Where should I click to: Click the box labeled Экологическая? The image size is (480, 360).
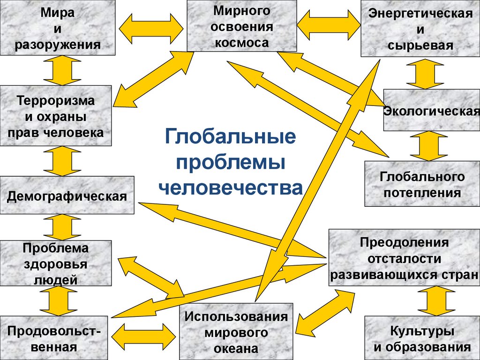point(431,112)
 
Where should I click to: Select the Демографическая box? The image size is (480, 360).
point(67,195)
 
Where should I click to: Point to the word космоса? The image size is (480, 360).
point(242,43)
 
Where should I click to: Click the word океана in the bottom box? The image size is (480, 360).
point(237,348)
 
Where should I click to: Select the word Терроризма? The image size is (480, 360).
point(56,100)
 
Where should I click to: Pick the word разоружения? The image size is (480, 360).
point(58,45)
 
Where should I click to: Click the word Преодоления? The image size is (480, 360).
point(405,243)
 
